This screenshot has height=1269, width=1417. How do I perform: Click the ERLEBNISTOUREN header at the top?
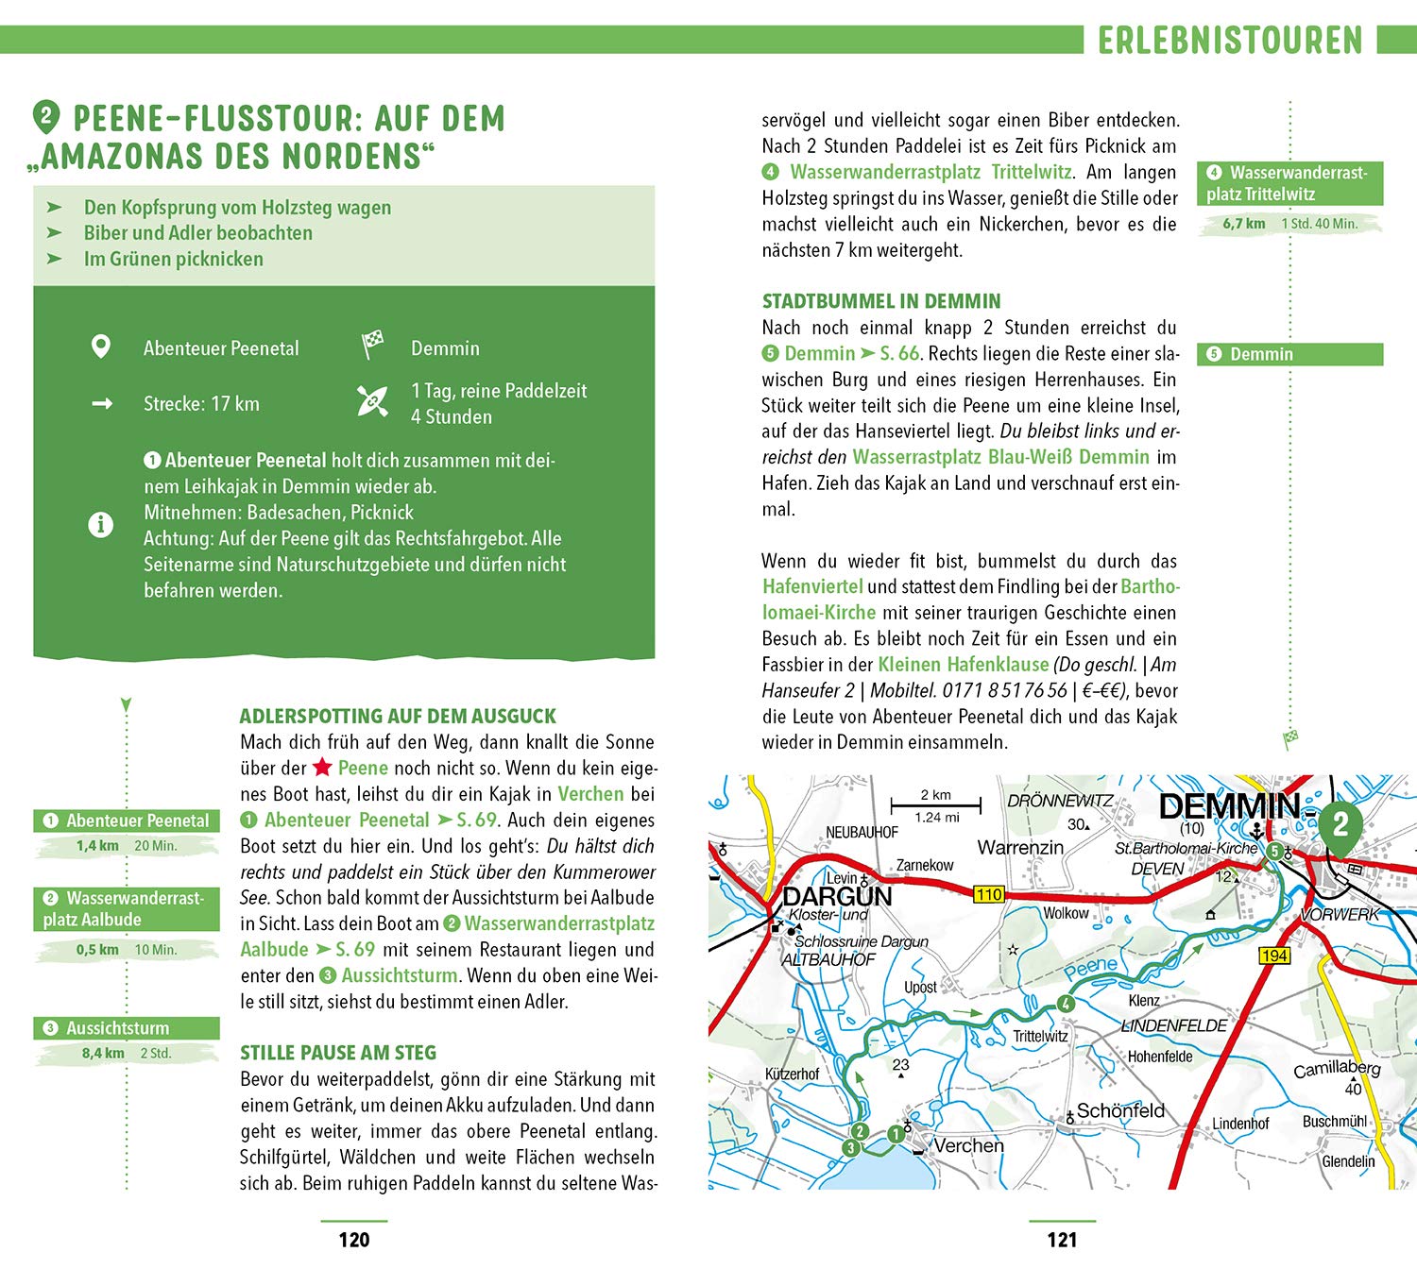pyautogui.click(x=1230, y=41)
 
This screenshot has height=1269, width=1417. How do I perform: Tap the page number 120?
pyautogui.click(x=354, y=1240)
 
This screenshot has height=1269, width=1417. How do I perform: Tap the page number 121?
pyautogui.click(x=1062, y=1240)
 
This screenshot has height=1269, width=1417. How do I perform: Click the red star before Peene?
pyautogui.click(x=323, y=768)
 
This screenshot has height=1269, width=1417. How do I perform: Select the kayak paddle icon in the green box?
pyautogui.click(x=372, y=401)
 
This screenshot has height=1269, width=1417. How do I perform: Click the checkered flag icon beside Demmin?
pyautogui.click(x=373, y=345)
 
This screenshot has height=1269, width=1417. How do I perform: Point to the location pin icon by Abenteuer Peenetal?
pyautogui.click(x=100, y=347)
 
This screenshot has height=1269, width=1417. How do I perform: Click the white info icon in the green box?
pyautogui.click(x=100, y=525)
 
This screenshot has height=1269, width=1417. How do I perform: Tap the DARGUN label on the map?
pyautogui.click(x=837, y=896)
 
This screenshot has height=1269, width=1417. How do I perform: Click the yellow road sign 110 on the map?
pyautogui.click(x=988, y=894)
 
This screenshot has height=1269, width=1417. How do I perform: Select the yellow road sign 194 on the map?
pyautogui.click(x=1274, y=956)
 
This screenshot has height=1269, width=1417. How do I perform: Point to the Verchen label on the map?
pyautogui.click(x=968, y=1145)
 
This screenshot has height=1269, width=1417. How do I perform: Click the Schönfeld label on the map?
pyautogui.click(x=1120, y=1111)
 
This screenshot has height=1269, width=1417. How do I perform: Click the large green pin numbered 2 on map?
pyautogui.click(x=1340, y=824)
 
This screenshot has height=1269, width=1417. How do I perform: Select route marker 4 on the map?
pyautogui.click(x=1066, y=1004)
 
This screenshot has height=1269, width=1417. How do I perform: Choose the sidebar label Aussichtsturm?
pyautogui.click(x=118, y=1028)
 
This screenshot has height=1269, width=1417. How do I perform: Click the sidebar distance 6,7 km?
pyautogui.click(x=1243, y=224)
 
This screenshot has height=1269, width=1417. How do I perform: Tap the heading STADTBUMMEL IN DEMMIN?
pyautogui.click(x=880, y=301)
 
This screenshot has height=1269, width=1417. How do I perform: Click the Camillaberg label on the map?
pyautogui.click(x=1337, y=1069)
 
